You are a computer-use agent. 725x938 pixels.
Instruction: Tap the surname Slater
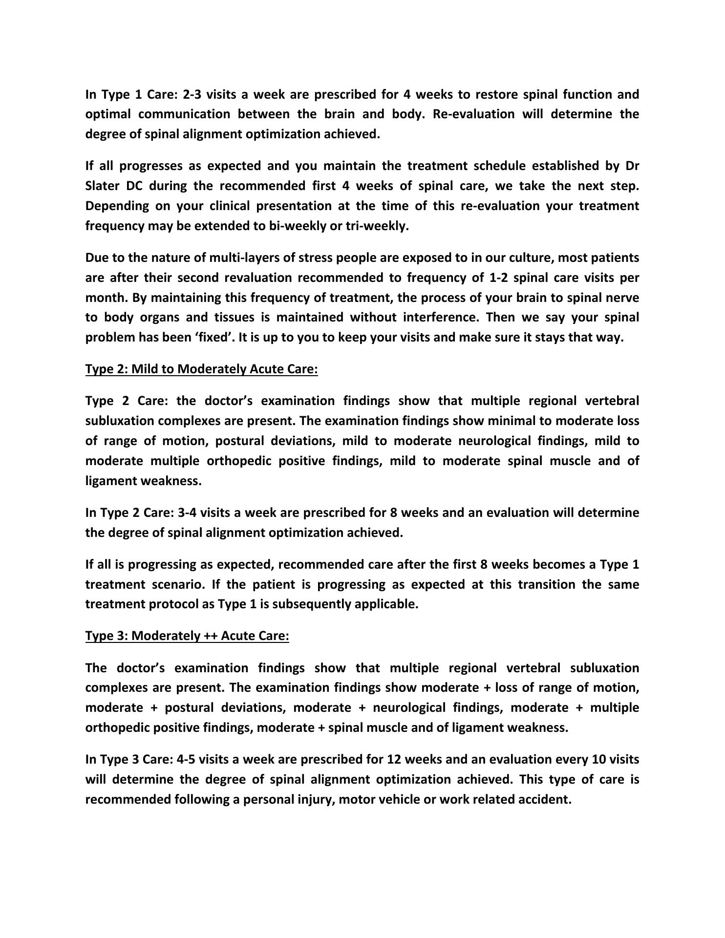[x=103, y=186]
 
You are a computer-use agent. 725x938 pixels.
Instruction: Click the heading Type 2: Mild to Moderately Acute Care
[x=201, y=369]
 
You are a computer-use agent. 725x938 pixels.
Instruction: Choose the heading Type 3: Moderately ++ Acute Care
[x=187, y=636]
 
